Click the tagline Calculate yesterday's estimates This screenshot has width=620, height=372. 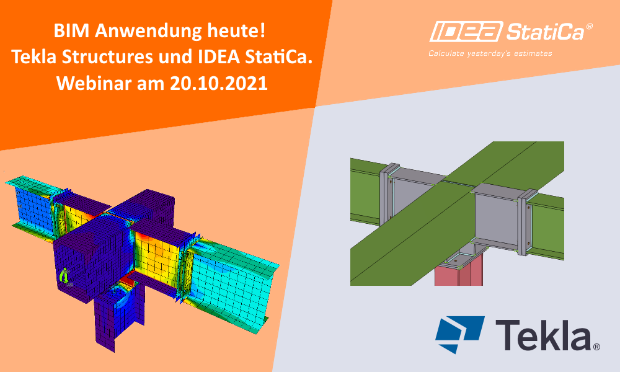pyautogui.click(x=490, y=54)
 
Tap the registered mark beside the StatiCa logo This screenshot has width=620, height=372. pyautogui.click(x=590, y=27)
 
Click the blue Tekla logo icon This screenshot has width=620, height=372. pyautogui.click(x=459, y=334)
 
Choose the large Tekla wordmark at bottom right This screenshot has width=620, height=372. pyautogui.click(x=543, y=335)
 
